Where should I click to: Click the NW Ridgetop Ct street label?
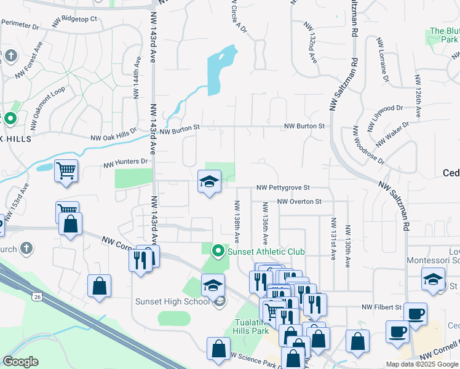[x=76, y=20]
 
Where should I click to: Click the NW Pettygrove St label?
[x=283, y=188]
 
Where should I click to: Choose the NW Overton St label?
[x=299, y=201]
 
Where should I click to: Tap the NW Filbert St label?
[x=381, y=306]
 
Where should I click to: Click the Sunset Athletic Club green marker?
[x=218, y=251]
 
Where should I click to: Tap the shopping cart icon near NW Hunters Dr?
[x=66, y=170]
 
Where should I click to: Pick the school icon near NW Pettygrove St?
[x=209, y=181]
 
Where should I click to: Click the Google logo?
[x=21, y=362]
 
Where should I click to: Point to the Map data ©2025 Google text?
[x=422, y=364]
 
